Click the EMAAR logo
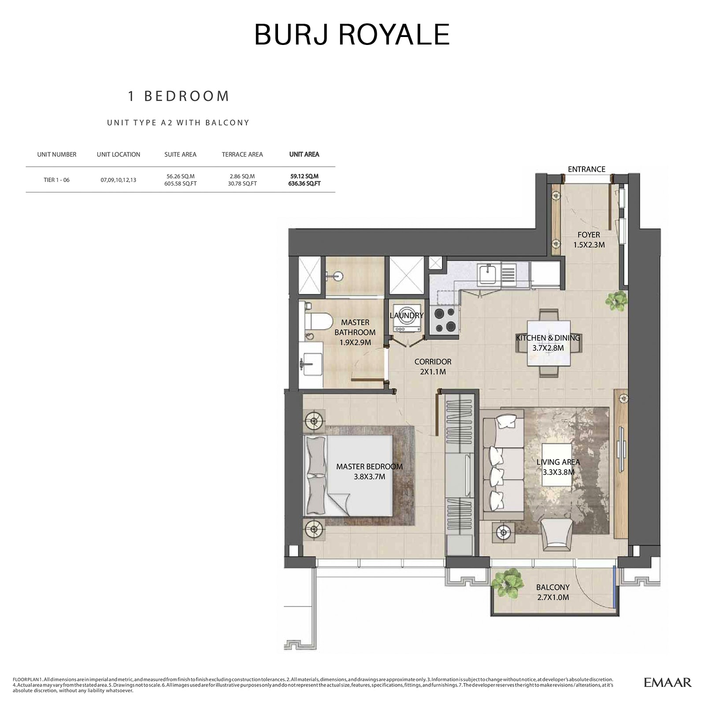coord(668,683)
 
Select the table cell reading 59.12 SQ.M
coord(304,176)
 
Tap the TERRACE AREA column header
coord(242,155)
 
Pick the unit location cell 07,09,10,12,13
coord(118,180)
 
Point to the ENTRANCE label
coord(586,169)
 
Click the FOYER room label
coord(589,235)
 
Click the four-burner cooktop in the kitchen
coord(445,320)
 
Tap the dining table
coord(549,343)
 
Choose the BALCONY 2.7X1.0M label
coord(553,592)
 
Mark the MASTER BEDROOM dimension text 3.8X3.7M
coord(369,477)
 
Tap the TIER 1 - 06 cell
coord(56,180)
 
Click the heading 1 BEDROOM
coord(178,96)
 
